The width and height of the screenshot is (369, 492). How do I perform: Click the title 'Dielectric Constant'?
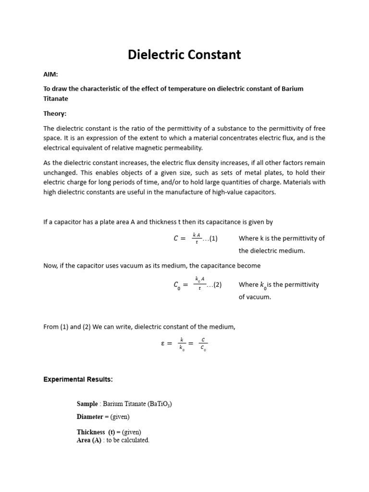point(184,55)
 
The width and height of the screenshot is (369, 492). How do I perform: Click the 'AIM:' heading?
point(50,74)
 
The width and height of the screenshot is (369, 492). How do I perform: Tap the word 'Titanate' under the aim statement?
point(56,98)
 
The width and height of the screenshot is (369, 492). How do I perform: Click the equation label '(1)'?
point(213,239)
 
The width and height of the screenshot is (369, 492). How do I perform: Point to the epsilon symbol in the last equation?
point(163,344)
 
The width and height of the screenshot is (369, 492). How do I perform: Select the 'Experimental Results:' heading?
point(78,380)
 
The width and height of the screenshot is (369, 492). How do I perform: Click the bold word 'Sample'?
point(87,404)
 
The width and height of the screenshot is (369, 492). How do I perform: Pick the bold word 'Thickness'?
point(91,432)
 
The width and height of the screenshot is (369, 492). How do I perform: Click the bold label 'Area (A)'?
point(89,440)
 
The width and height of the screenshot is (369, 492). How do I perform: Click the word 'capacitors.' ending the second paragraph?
point(259,192)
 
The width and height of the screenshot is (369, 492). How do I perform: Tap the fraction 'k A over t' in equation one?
point(197,238)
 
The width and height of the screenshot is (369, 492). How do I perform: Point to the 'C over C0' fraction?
point(203,344)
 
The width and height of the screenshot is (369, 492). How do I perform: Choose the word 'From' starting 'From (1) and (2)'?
point(51,327)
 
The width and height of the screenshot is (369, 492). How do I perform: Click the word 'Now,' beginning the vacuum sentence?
point(51,266)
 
